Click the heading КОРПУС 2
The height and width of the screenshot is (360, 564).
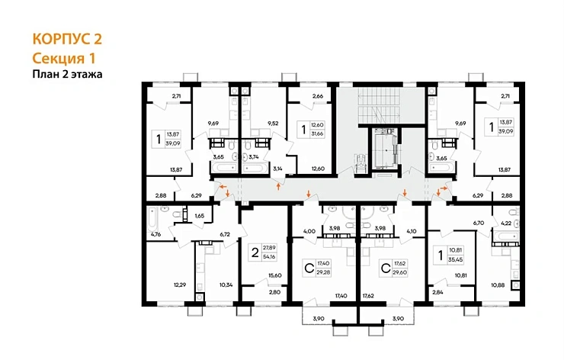67,39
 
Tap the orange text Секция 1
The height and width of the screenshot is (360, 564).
64,58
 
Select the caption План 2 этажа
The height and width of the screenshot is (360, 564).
67,74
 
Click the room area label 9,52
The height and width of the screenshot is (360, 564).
273,123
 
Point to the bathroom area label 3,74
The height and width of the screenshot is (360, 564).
254,157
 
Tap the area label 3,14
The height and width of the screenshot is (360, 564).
277,169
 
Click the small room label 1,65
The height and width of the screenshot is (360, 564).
199,216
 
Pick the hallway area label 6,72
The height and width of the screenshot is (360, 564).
225,234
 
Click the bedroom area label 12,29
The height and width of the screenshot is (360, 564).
180,284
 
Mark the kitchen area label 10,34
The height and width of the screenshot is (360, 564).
226,284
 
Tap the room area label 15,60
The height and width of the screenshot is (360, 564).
275,275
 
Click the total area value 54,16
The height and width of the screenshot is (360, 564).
269,257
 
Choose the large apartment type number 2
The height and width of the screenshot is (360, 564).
255,252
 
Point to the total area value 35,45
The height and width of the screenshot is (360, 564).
456,259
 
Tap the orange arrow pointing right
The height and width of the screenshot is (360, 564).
444,188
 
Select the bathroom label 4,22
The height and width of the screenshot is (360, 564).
506,223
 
